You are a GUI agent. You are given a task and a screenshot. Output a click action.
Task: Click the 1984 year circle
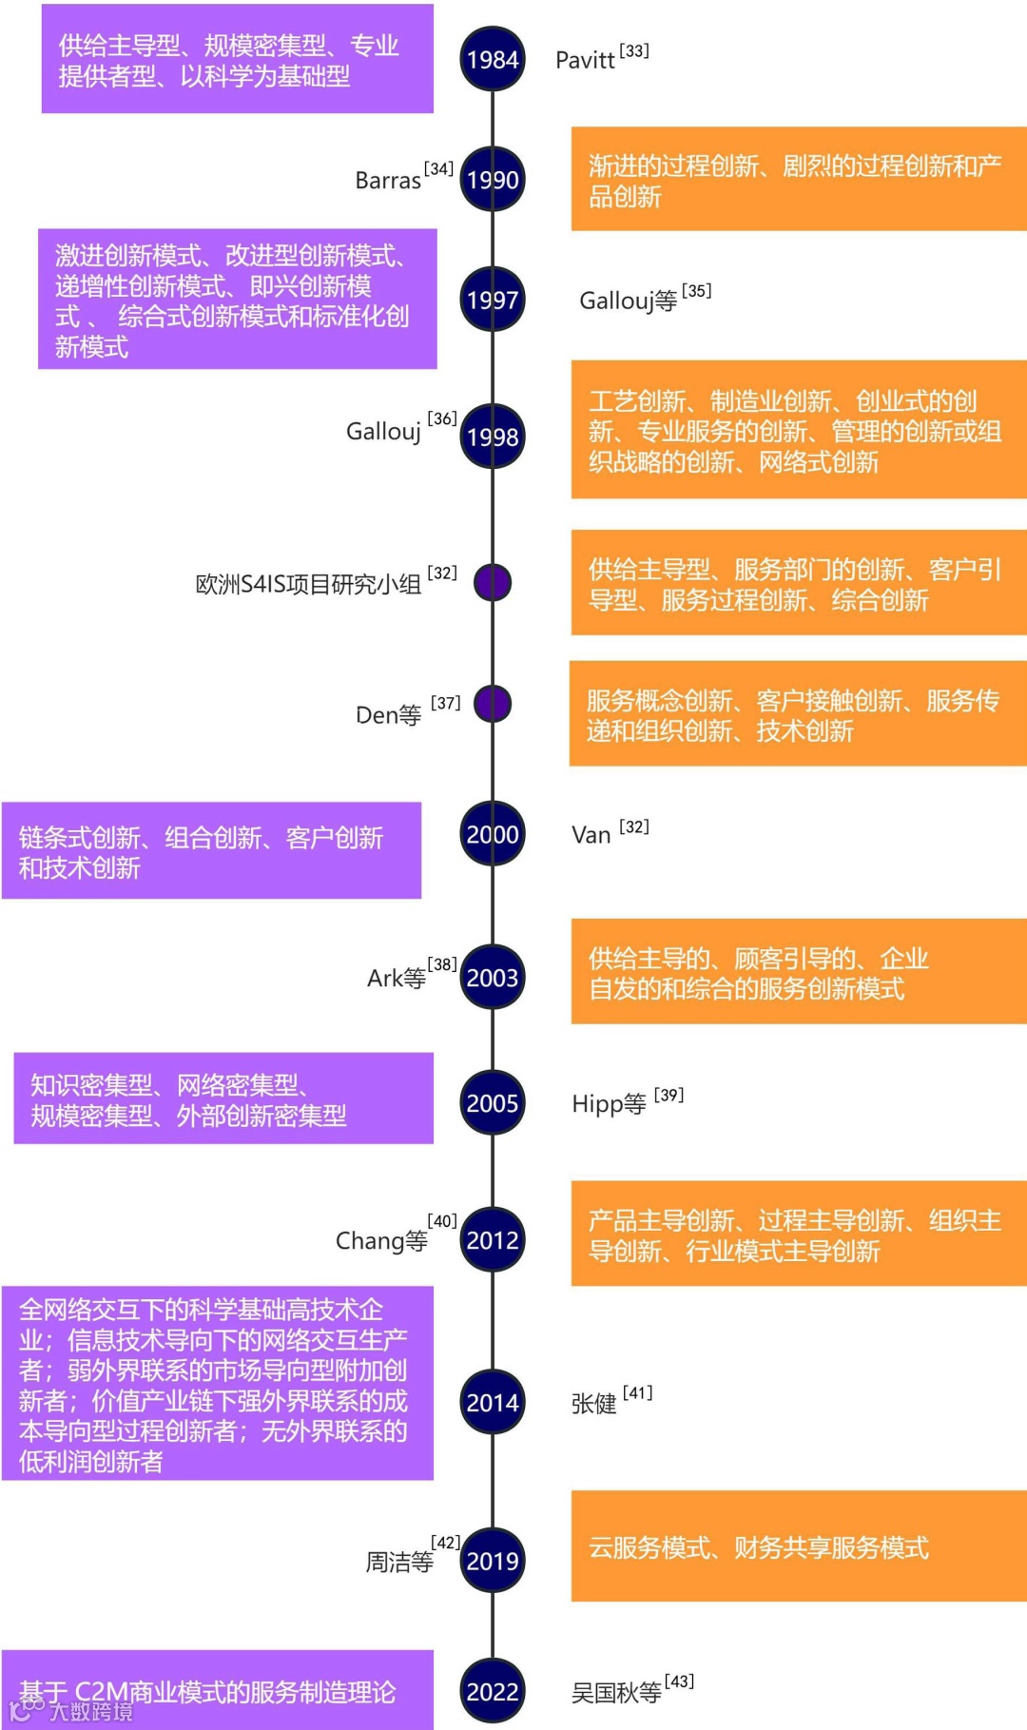click(493, 60)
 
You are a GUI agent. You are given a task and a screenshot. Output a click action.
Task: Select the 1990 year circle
click(493, 180)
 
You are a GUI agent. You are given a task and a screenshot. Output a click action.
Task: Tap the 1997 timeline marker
click(493, 300)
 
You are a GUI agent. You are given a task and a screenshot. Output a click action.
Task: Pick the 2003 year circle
click(493, 978)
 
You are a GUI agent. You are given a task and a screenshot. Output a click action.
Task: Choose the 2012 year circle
click(493, 1240)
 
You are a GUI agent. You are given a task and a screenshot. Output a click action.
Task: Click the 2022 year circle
click(493, 1692)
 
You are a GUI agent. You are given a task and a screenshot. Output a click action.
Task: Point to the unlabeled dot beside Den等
click(493, 704)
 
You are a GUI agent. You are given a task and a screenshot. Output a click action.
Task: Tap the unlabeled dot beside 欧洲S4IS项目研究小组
click(493, 582)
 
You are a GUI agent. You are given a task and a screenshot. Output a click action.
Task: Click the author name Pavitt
click(585, 60)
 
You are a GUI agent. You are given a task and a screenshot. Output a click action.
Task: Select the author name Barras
click(388, 181)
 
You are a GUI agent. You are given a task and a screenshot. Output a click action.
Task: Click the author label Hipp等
click(609, 1104)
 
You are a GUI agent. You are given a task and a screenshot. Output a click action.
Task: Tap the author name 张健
click(593, 1404)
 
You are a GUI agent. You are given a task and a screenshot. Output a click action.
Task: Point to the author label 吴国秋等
click(616, 1693)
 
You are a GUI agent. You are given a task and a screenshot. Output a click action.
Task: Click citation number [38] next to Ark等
click(442, 964)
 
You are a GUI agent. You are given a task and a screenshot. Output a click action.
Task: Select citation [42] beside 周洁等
click(446, 1542)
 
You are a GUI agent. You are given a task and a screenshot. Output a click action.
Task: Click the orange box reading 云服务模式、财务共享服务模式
click(799, 1547)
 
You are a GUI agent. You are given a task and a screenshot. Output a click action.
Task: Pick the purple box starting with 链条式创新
click(211, 851)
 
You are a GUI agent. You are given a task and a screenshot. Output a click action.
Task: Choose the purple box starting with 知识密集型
click(223, 1098)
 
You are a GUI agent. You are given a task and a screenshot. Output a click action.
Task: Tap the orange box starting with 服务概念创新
click(798, 714)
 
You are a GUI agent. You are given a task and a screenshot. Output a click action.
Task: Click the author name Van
click(591, 835)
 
